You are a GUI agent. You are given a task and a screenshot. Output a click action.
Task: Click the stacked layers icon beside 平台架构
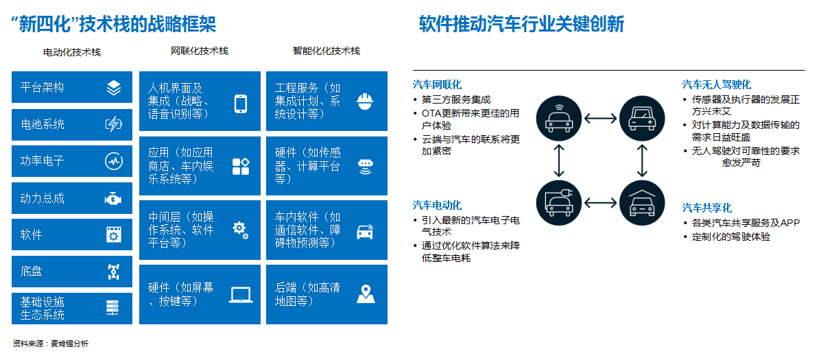coord(114,87)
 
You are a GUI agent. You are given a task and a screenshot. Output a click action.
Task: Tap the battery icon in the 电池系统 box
coord(114,124)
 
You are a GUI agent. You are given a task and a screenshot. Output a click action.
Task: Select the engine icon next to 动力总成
coord(114,198)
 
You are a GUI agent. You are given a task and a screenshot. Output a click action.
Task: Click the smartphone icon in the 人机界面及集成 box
coord(241,104)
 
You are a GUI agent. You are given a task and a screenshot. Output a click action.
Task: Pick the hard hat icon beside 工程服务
coord(365,101)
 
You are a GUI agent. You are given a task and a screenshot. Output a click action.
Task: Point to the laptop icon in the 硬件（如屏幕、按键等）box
coord(241,295)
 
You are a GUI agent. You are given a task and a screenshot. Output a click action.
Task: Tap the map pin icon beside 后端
coord(366,294)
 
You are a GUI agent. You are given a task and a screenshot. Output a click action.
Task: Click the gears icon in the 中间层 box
coord(240,230)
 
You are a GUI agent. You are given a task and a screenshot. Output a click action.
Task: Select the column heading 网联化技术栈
coord(200,51)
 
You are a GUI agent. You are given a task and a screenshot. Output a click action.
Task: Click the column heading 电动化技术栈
coord(72,52)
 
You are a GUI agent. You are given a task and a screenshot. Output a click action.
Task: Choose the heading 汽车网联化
coord(437,84)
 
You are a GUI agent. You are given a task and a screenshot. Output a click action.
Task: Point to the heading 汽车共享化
coord(707,208)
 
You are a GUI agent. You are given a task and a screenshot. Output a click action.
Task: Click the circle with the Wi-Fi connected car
coord(559,119)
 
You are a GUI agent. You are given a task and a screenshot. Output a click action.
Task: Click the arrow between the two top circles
coord(601,119)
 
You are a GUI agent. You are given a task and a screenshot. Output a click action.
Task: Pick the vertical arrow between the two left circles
coord(559,160)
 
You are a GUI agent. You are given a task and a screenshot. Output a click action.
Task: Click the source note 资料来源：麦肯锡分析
coord(51,344)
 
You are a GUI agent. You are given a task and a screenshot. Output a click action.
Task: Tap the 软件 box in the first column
coord(72,235)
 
